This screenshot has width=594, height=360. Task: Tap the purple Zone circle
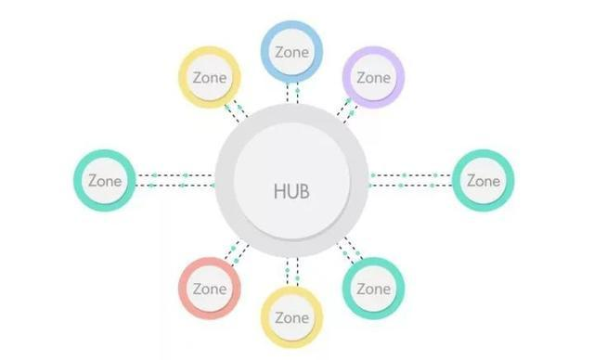[x=372, y=77]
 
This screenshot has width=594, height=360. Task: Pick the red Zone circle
[x=210, y=288]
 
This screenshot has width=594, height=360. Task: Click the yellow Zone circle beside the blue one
[x=210, y=77]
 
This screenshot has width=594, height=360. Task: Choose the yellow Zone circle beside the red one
[x=291, y=316]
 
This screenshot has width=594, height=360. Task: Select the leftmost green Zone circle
[x=104, y=180]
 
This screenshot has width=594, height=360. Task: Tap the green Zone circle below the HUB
[x=372, y=288]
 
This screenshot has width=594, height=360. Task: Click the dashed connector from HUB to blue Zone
[x=292, y=93]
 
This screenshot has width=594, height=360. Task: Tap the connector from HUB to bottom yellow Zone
[x=292, y=270]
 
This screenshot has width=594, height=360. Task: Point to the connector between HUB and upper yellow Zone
[x=236, y=110]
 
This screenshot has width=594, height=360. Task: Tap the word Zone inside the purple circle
[x=372, y=77]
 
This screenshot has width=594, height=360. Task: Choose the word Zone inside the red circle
[x=210, y=288]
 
